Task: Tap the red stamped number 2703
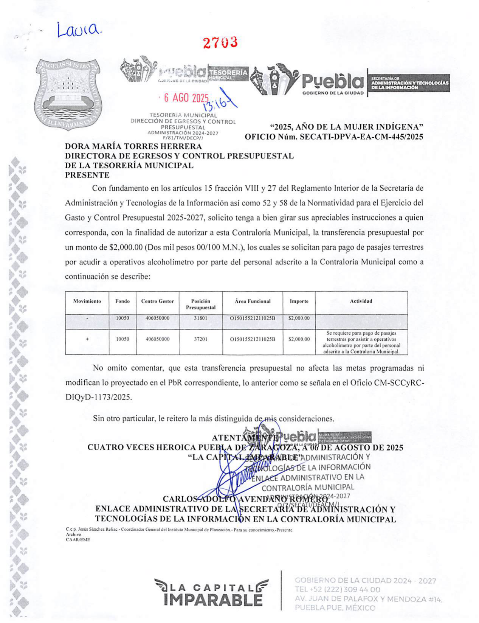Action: [220, 43]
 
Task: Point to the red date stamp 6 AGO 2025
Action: [186, 98]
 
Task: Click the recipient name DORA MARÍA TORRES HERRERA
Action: [133, 146]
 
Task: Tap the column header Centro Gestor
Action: [157, 301]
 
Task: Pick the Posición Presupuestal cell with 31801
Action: [200, 318]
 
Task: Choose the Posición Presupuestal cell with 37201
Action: [200, 339]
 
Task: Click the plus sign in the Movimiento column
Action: [87, 339]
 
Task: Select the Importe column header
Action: [299, 301]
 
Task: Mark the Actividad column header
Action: [361, 301]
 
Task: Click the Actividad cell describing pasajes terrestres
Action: [361, 342]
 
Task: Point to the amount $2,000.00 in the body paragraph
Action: [126, 247]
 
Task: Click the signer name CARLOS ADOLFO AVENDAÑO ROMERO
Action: [245, 499]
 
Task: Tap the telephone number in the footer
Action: [337, 589]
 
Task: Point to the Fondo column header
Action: [122, 301]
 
